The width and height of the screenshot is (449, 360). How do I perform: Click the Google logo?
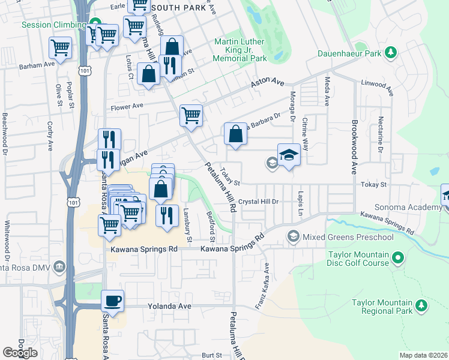tap(20, 353)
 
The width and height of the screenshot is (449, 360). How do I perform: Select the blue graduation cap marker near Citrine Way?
tap(289, 154)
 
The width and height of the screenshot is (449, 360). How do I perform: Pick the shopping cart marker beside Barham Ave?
tap(61, 47)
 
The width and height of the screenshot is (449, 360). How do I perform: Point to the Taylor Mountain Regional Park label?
tap(382, 307)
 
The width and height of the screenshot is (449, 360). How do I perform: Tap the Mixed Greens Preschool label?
tap(348, 237)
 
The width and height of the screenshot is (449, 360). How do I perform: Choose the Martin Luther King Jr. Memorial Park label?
tap(241, 50)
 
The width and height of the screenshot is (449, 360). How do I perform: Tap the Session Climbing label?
tap(53, 25)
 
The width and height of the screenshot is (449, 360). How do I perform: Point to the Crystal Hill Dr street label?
tap(259, 202)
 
